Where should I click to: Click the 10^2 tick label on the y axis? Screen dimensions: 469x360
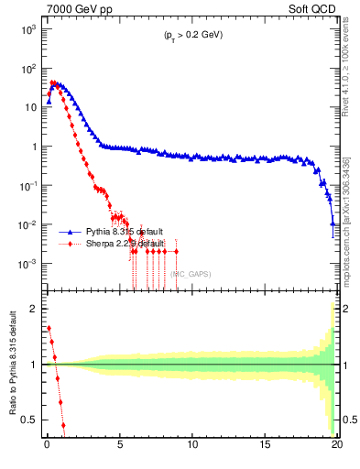tap(27, 69)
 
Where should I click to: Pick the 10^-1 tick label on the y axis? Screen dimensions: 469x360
tap(27, 186)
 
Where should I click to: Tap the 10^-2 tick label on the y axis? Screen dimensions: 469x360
tap(27, 225)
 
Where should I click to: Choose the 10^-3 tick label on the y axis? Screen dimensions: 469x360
tap(27, 264)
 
